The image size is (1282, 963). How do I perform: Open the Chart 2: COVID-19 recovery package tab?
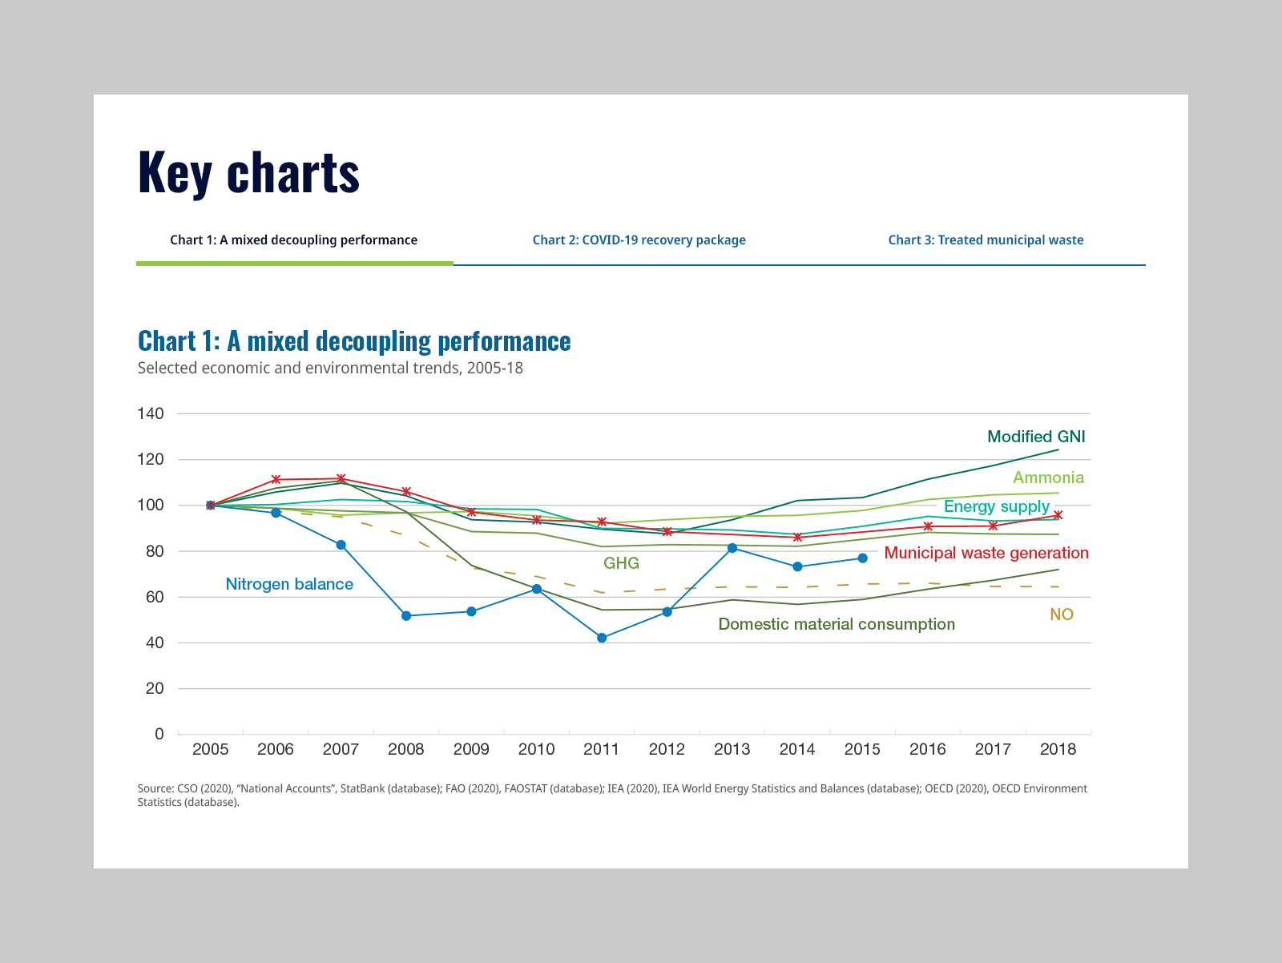point(639,240)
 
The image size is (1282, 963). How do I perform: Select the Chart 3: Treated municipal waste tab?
point(986,240)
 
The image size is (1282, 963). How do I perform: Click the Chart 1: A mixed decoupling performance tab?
point(293,240)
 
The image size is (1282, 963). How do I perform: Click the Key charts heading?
point(248,172)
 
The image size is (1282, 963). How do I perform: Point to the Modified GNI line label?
point(1036,437)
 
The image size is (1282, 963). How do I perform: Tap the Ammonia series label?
point(1048,477)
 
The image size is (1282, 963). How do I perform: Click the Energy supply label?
point(996,506)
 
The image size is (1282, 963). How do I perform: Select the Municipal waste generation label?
point(986,553)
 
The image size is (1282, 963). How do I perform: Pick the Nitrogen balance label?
point(289,584)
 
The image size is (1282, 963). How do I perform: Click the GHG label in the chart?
point(621,563)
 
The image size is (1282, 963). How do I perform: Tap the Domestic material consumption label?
point(837,624)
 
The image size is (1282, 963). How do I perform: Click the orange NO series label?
point(1061,614)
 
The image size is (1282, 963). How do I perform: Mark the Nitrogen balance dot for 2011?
point(602,638)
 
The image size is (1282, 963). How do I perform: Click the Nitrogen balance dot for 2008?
point(406,616)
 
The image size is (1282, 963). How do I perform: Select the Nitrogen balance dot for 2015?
point(862,558)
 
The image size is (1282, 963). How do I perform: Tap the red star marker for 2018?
point(1058,515)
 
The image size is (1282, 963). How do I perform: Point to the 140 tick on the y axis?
point(151,414)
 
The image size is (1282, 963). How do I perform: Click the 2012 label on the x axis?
point(667,749)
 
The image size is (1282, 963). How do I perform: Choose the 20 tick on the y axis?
point(155,689)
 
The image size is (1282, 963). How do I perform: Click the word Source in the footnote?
point(154,788)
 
